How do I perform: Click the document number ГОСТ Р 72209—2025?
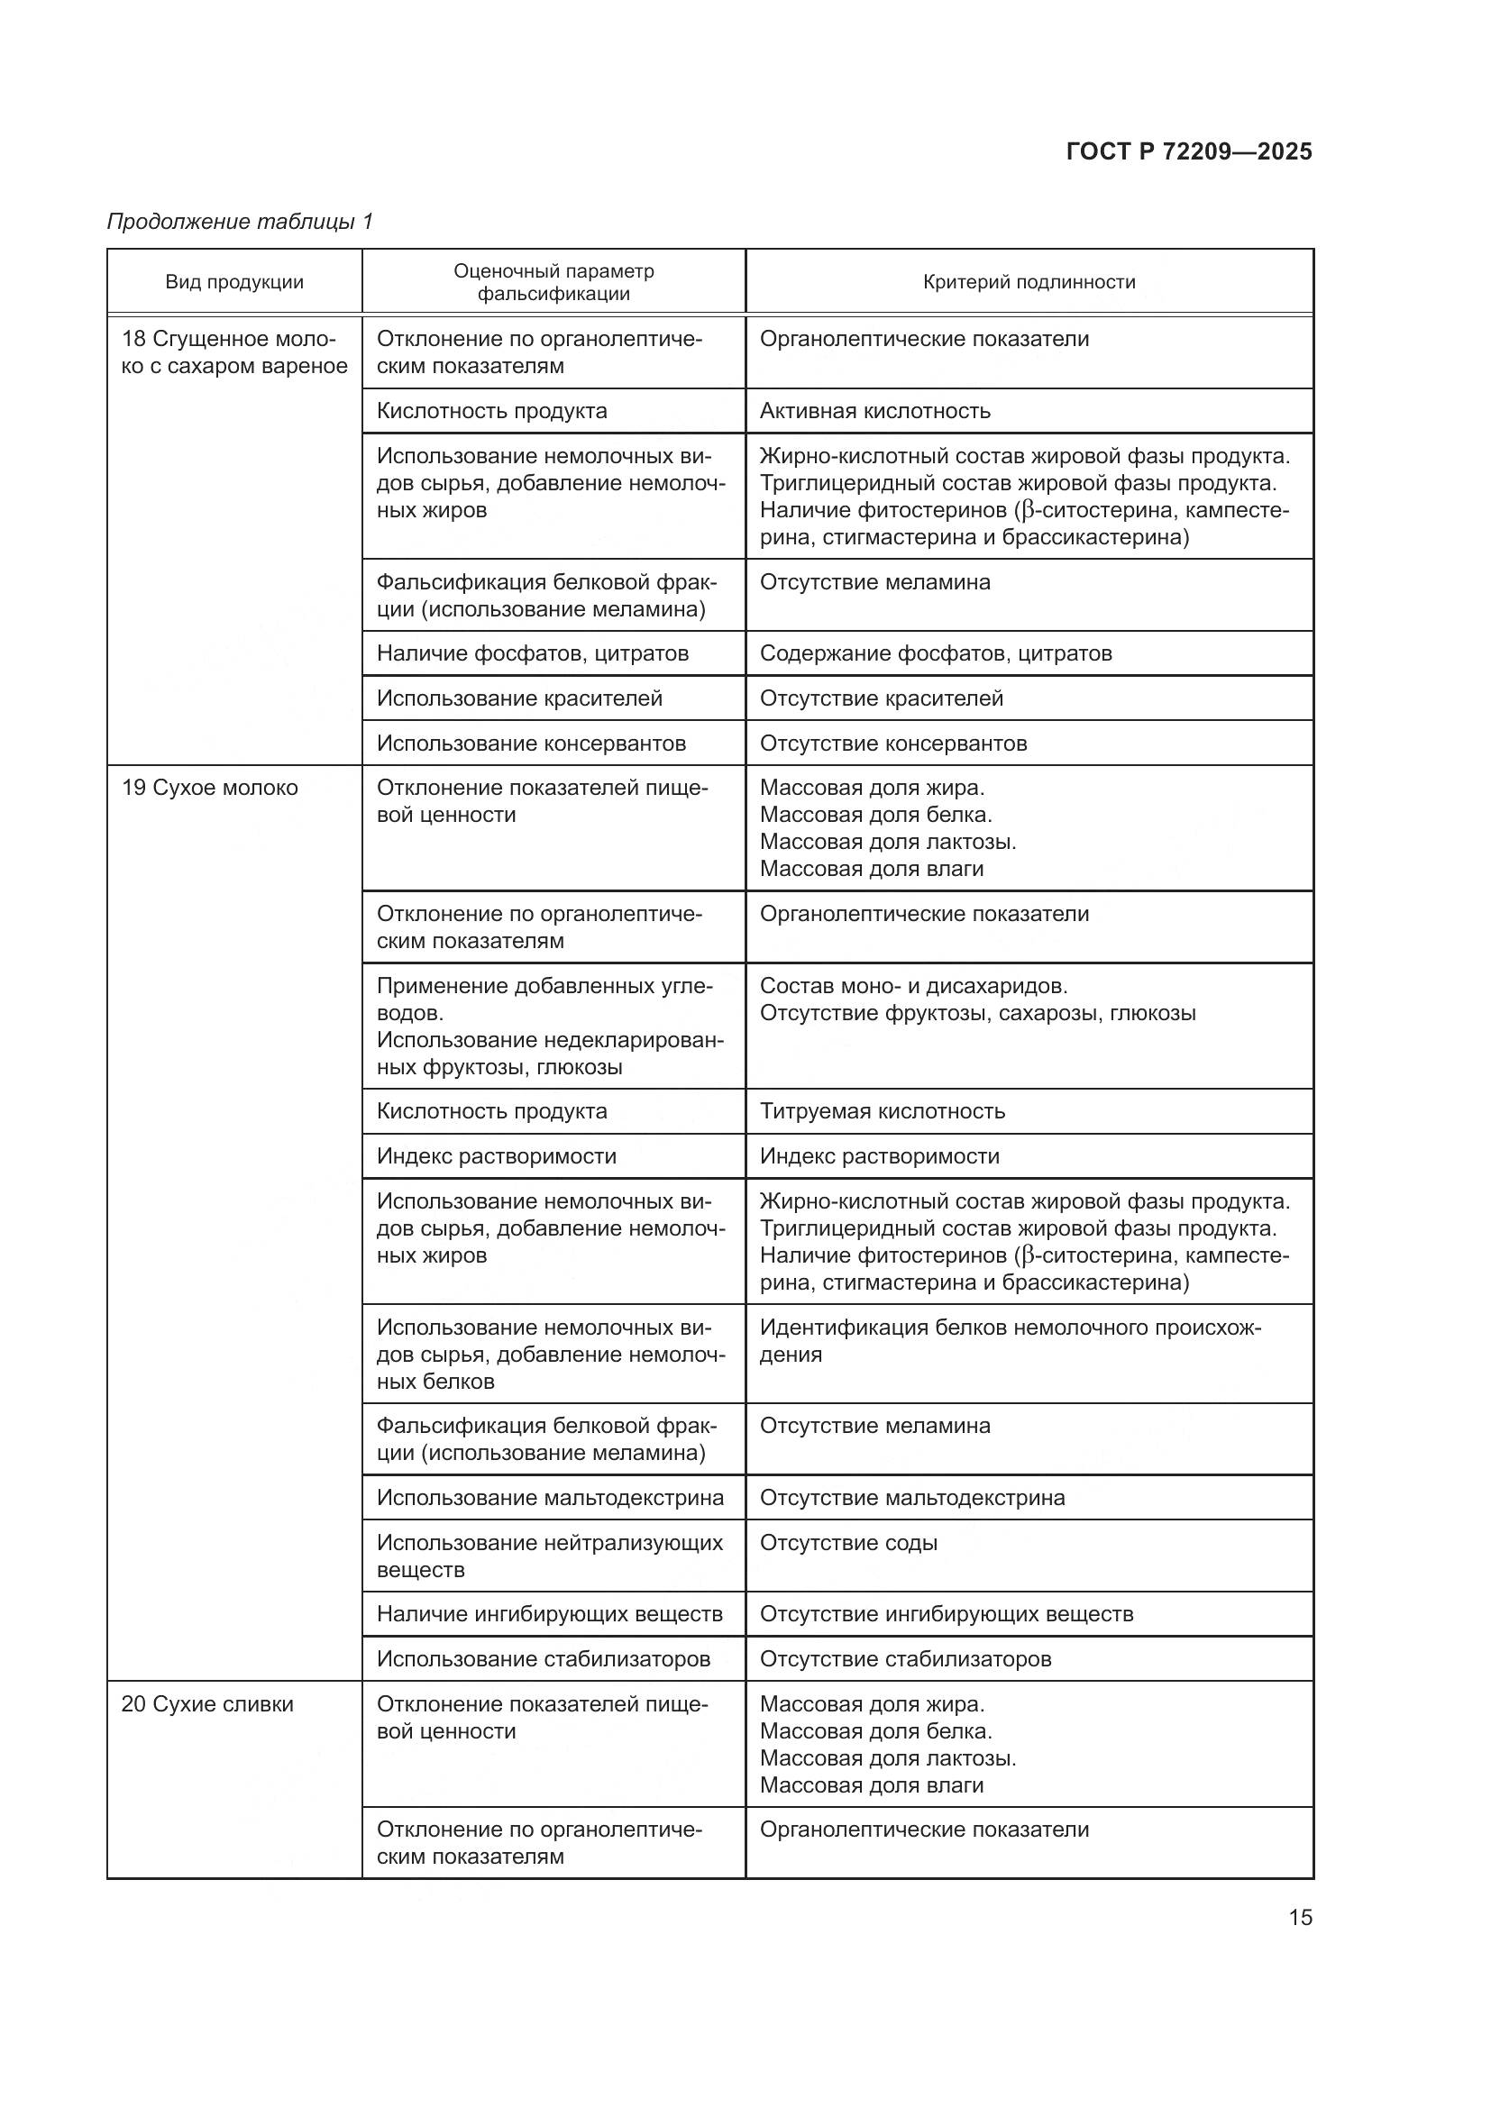tap(1189, 151)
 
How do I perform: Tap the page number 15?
tap(1300, 1917)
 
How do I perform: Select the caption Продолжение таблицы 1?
tap(241, 222)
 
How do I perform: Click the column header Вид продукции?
tap(234, 282)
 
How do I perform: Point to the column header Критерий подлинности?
tap(1029, 282)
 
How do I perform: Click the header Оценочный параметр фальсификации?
tap(553, 282)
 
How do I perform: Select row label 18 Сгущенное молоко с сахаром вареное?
tap(234, 352)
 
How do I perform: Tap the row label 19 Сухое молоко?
tap(210, 788)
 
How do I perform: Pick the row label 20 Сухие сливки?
tap(207, 1704)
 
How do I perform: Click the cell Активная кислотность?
tap(875, 410)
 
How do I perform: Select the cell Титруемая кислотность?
tap(883, 1111)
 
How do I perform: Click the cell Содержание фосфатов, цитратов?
tap(936, 653)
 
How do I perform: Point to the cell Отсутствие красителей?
tap(882, 698)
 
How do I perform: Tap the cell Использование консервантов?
tap(531, 743)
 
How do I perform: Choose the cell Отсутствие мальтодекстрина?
tap(911, 1498)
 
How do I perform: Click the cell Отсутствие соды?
tap(848, 1542)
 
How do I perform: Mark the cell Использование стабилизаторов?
tap(544, 1659)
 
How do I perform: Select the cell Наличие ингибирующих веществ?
tap(549, 1614)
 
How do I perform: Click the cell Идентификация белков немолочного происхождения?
tap(1010, 1340)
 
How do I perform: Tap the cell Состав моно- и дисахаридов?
tap(913, 986)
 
